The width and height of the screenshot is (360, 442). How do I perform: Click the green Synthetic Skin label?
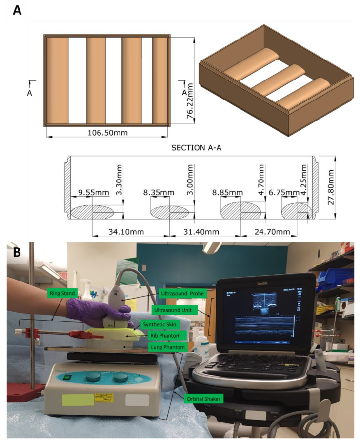[159, 324]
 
